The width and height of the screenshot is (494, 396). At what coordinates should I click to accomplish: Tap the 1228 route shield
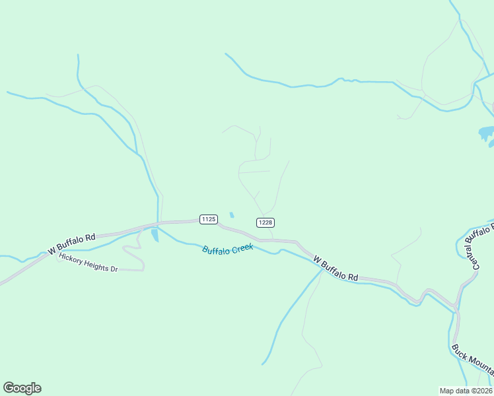click(265, 222)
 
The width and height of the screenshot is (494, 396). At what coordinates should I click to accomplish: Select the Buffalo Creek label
click(228, 249)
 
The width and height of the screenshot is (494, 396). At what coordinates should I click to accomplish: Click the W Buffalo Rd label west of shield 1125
click(72, 244)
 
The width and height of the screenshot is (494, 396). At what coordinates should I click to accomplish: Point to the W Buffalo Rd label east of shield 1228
click(335, 269)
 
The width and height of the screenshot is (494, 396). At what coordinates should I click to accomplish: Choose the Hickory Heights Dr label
click(88, 263)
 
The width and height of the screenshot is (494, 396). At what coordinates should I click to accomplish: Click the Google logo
click(22, 388)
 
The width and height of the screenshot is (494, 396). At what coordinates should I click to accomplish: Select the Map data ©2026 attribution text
click(466, 390)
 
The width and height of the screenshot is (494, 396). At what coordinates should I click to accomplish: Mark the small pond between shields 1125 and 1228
click(231, 215)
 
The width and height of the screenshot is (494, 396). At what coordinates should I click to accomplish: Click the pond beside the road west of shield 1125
click(155, 235)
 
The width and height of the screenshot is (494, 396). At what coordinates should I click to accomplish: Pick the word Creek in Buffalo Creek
click(242, 247)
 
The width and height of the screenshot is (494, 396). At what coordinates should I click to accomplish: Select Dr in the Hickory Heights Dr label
click(113, 269)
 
